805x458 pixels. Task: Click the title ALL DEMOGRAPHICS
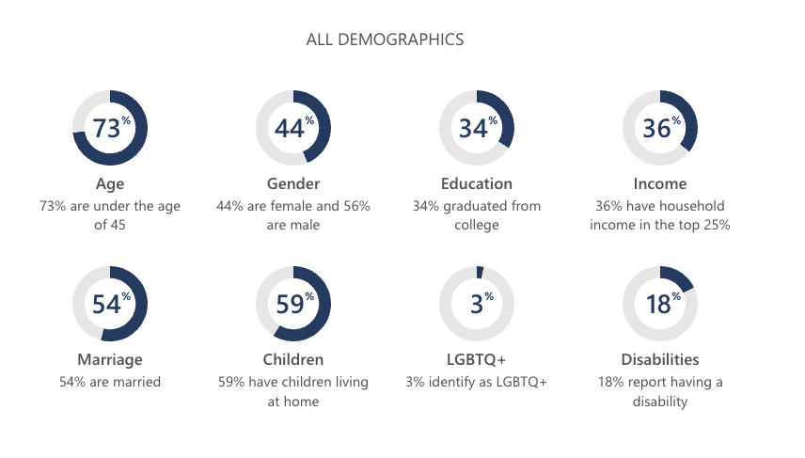point(385,39)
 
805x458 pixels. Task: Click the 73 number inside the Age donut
point(106,128)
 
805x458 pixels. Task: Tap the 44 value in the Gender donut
point(290,128)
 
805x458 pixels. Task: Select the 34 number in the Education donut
point(473,128)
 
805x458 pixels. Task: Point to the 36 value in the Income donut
point(656,128)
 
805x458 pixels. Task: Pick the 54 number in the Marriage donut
point(106,304)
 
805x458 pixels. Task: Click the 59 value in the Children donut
point(290,304)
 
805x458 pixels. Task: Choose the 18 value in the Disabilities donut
point(656,304)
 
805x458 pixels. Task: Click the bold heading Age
point(110,183)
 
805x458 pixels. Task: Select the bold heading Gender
point(293,183)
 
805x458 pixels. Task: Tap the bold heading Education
point(477,183)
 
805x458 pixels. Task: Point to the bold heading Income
point(660,183)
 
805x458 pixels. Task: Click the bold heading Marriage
point(110,359)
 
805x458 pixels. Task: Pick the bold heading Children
point(293,359)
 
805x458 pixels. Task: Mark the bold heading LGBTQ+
point(477,359)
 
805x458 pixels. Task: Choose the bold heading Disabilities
point(660,359)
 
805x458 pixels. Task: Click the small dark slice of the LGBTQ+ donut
point(480,272)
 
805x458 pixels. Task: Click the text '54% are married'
point(110,382)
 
